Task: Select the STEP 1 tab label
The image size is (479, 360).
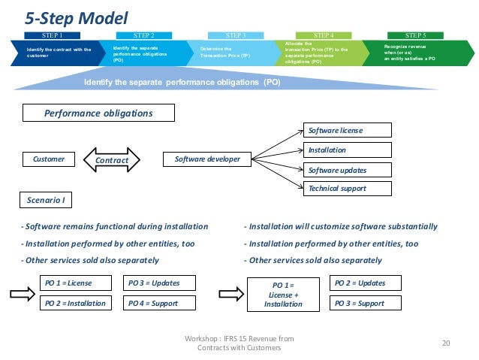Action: [x=52, y=35]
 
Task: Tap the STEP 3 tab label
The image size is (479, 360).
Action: [x=239, y=35]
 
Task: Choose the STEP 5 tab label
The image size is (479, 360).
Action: [x=414, y=35]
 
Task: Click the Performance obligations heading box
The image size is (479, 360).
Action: [x=98, y=113]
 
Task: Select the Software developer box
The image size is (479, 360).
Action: [x=207, y=159]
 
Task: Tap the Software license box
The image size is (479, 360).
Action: [x=347, y=130]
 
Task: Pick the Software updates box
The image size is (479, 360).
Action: [x=347, y=170]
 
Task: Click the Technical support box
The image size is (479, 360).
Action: [x=347, y=188]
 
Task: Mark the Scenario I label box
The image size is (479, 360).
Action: [x=45, y=200]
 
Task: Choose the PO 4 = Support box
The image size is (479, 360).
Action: [x=158, y=303]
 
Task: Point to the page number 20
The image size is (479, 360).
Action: [x=445, y=343]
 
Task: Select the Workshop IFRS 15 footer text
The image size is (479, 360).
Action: [x=239, y=343]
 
